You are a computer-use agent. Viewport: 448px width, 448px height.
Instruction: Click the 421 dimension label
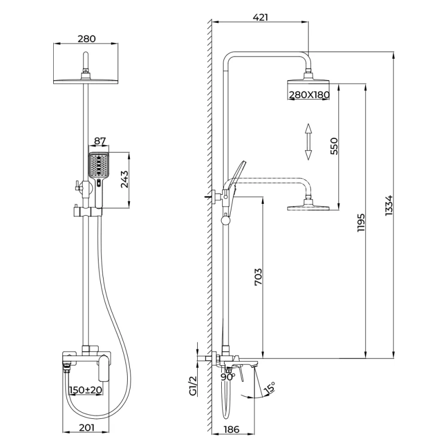(260, 17)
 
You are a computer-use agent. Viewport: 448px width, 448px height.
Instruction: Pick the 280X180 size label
(309, 95)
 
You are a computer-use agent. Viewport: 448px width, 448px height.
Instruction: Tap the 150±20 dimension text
(85, 390)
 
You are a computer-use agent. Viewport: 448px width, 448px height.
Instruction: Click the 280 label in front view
(87, 39)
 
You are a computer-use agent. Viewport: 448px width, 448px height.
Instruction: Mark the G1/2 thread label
(192, 386)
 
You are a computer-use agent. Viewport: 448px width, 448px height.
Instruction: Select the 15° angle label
(270, 389)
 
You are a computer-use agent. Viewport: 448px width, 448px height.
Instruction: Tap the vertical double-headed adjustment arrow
(308, 142)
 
